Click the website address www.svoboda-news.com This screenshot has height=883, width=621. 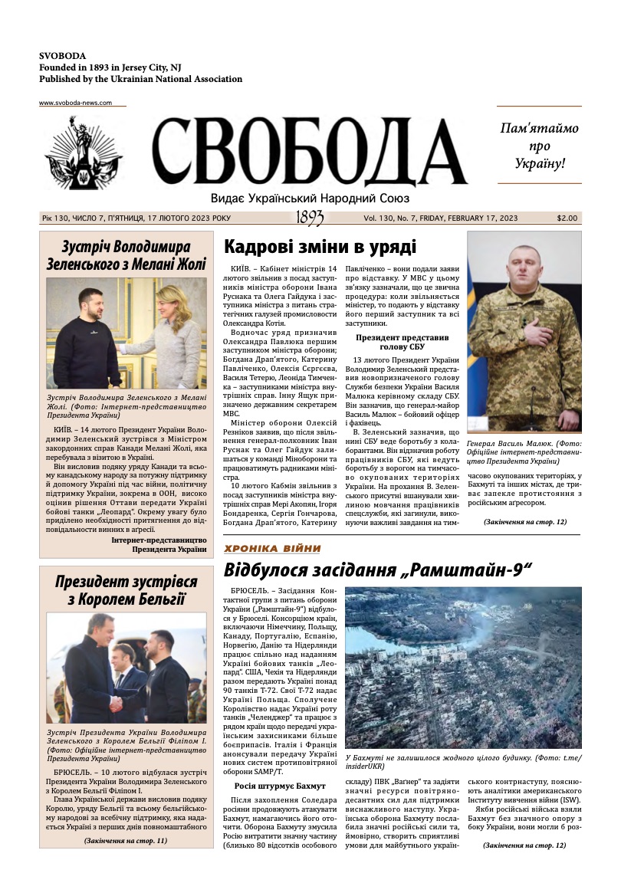click(x=76, y=103)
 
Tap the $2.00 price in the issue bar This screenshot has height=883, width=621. click(x=567, y=218)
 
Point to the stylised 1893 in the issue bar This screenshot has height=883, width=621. click(x=310, y=218)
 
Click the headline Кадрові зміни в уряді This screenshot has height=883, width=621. click(x=320, y=247)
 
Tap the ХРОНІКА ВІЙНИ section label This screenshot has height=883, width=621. click(x=272, y=548)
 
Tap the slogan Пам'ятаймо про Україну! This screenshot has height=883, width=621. click(x=539, y=146)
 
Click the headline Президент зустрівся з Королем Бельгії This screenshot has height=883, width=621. click(x=126, y=590)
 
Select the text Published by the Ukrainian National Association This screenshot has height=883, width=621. click(x=140, y=79)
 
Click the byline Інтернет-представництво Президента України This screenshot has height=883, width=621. click(x=159, y=544)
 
